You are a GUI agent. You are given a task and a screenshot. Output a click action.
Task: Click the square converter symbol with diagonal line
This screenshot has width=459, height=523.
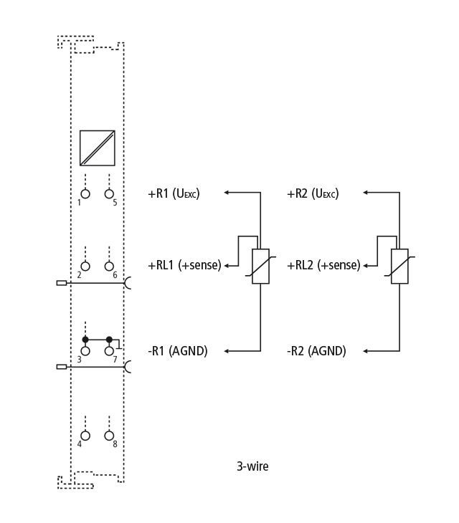pyautogui.click(x=98, y=148)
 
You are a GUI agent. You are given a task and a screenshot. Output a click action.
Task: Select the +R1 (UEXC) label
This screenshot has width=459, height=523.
pyautogui.click(x=174, y=193)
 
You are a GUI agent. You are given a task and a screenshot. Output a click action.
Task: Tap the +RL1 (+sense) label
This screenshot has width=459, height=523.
pyautogui.click(x=184, y=265)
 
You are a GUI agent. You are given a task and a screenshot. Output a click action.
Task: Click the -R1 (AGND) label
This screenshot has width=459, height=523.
pyautogui.click(x=178, y=351)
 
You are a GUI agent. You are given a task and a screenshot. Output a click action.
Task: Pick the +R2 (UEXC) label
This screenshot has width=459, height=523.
pyautogui.click(x=313, y=193)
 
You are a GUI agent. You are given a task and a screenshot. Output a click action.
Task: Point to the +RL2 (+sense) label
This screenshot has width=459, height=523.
pyautogui.click(x=323, y=265)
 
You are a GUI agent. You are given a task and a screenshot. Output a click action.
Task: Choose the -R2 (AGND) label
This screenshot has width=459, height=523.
pyautogui.click(x=316, y=351)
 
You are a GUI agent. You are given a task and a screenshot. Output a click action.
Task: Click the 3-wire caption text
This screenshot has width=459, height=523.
pyautogui.click(x=252, y=466)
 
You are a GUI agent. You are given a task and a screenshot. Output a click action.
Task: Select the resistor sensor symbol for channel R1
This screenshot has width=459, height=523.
pyautogui.click(x=261, y=267)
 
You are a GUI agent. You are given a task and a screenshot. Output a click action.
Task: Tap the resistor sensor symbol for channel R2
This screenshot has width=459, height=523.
pyautogui.click(x=399, y=267)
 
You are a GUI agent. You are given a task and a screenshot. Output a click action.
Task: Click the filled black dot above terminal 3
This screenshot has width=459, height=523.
pyautogui.click(x=85, y=340)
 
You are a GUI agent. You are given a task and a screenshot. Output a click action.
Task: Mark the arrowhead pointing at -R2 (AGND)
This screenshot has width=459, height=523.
pyautogui.click(x=366, y=351)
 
